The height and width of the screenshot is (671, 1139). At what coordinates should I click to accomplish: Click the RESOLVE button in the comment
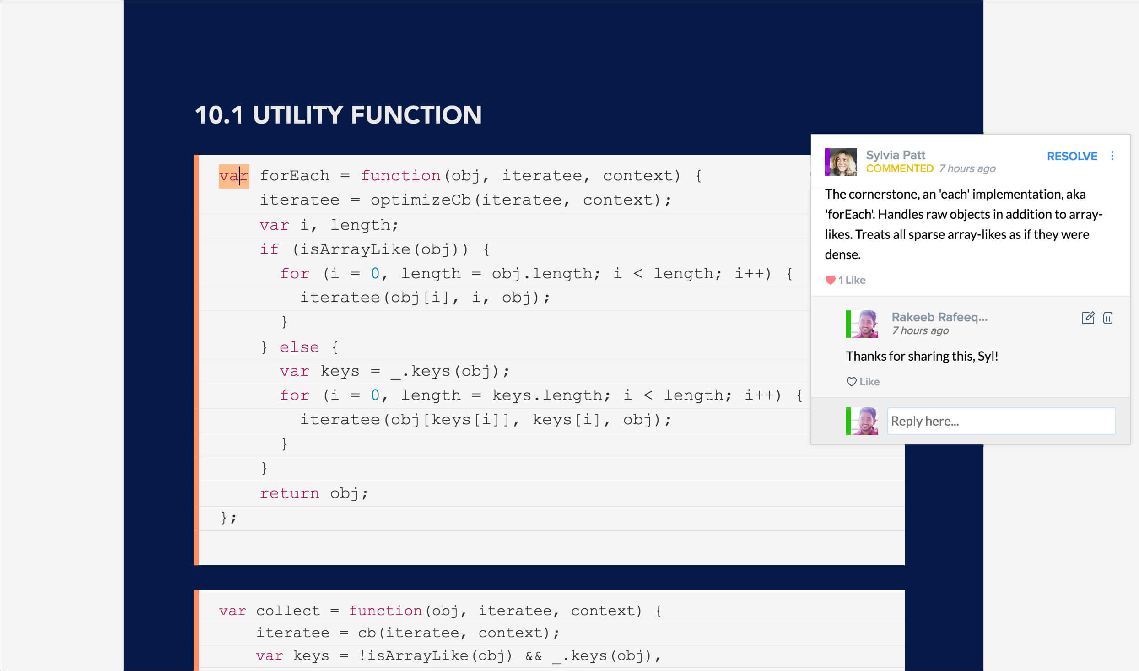(x=1072, y=157)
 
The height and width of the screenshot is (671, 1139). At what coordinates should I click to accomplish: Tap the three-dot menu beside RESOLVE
(x=1112, y=156)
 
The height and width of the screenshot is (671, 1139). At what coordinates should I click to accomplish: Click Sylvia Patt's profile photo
(x=841, y=162)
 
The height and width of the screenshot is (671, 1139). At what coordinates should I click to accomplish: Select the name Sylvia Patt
(x=895, y=155)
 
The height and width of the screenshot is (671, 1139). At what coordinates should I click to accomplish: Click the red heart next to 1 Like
(x=830, y=280)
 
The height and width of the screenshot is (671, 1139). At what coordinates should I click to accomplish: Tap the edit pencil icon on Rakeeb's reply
(x=1088, y=318)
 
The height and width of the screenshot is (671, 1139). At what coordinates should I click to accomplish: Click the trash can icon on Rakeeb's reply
(x=1108, y=318)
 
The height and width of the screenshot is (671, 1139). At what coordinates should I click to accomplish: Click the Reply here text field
(x=1001, y=421)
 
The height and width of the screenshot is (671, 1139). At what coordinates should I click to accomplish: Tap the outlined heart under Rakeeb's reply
(x=851, y=382)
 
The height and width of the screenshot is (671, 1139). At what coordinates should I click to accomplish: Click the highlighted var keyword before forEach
(x=233, y=176)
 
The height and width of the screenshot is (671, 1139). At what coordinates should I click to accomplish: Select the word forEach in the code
(x=295, y=176)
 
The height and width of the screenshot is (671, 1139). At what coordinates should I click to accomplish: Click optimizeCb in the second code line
(x=420, y=200)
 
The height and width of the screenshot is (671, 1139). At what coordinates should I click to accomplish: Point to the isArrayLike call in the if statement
(x=355, y=249)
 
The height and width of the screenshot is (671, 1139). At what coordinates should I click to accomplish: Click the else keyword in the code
(x=299, y=347)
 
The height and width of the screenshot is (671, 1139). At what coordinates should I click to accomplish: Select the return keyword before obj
(x=289, y=493)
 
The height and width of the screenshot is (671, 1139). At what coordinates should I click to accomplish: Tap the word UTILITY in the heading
(x=298, y=115)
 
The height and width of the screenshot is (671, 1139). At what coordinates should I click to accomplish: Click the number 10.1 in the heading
(x=219, y=115)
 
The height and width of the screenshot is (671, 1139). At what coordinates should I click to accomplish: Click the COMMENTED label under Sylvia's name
(x=899, y=169)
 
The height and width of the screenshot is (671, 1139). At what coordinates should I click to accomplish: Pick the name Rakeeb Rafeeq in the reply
(x=939, y=317)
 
